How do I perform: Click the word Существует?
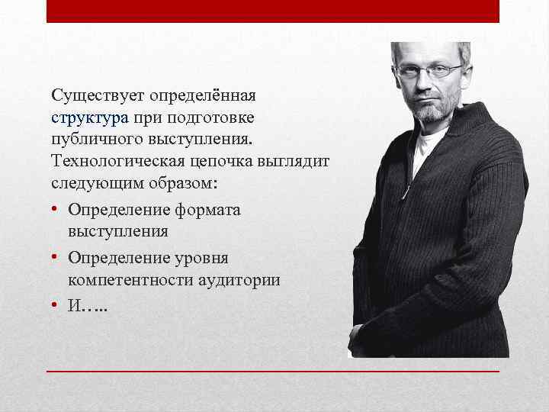click(x=98, y=97)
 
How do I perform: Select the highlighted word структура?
click(x=90, y=119)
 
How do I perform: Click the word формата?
click(x=205, y=209)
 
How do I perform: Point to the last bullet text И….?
click(x=86, y=307)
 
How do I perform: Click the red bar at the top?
click(x=273, y=11)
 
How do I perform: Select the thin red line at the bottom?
click(x=273, y=371)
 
